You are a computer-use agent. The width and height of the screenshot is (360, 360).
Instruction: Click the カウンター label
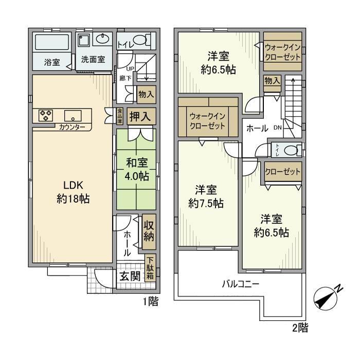pyautogui.click(x=72, y=127)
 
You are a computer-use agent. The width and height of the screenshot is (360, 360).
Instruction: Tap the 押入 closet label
pyautogui.click(x=140, y=117)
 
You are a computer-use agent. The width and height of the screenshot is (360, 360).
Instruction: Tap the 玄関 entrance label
pyautogui.click(x=130, y=276)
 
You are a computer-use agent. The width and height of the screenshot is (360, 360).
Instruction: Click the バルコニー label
pyautogui.click(x=241, y=284)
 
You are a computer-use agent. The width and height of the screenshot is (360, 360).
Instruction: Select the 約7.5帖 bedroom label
pyautogui.click(x=206, y=195)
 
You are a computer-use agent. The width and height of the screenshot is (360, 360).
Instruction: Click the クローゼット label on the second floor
pyautogui.click(x=283, y=172)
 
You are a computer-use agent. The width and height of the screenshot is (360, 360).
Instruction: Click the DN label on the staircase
pyautogui.click(x=277, y=128)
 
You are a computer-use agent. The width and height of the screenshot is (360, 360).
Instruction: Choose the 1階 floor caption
pyautogui.click(x=150, y=302)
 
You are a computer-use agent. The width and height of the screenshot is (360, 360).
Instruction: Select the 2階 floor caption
pyautogui.click(x=301, y=327)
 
